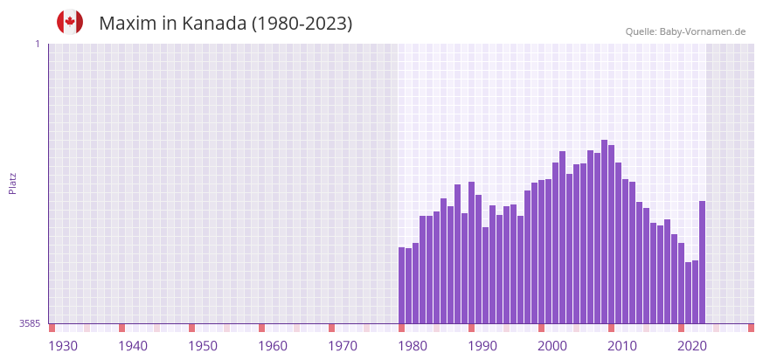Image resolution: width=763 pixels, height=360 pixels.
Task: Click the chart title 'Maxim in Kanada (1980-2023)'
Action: pos(225,24)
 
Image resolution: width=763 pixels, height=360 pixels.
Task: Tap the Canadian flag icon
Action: pos(70,22)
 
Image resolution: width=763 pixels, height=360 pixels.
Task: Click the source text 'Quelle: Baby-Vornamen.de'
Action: pos(685,31)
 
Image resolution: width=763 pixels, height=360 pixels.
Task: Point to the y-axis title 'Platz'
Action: pos(13,183)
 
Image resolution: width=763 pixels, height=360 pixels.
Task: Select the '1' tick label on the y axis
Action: pos(37,44)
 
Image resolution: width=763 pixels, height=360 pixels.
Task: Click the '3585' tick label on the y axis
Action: pos(30,323)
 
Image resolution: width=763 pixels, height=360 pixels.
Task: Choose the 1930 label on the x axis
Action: pos(63,346)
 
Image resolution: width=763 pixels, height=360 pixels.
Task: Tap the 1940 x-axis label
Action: pos(133,346)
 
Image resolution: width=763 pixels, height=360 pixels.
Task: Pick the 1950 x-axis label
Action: pos(203,346)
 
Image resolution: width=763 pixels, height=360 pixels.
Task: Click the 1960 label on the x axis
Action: pos(273,346)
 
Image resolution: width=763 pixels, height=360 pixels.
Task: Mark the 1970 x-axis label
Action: pos(343,346)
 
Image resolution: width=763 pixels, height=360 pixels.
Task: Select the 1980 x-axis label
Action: pos(413,346)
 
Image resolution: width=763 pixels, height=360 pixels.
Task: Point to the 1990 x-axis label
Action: pos(482,346)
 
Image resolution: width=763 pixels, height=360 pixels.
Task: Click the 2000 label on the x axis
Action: pos(552,346)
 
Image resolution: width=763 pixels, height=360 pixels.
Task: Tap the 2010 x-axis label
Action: pos(622,346)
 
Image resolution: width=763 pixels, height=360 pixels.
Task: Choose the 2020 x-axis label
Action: pos(692,346)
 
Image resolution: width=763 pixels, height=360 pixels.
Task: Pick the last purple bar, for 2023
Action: pos(702,262)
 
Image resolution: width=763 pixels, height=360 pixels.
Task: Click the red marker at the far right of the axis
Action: pos(751,328)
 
